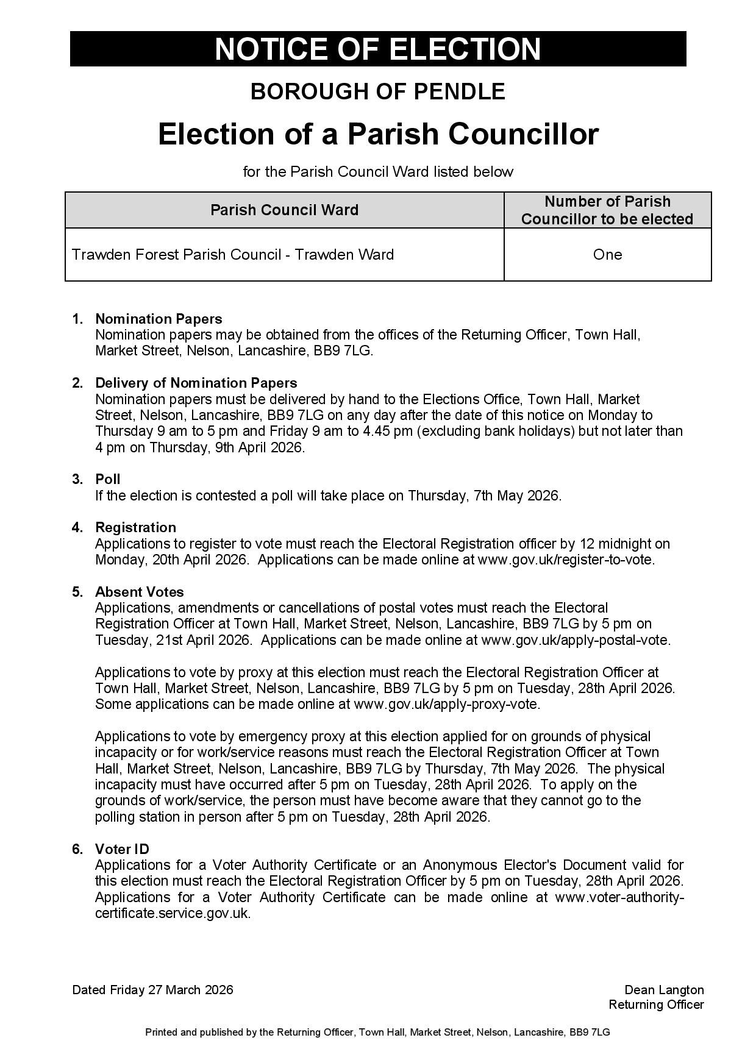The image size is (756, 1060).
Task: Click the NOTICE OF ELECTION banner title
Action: click(x=377, y=49)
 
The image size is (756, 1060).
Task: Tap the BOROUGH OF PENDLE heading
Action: click(x=377, y=91)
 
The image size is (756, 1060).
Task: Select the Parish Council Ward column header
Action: click(x=284, y=210)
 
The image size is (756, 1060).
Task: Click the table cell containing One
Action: click(x=607, y=255)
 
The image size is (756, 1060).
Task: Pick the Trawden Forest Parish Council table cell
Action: click(x=233, y=255)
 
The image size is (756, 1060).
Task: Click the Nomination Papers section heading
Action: click(x=159, y=319)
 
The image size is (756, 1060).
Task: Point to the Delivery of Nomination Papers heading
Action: click(x=196, y=383)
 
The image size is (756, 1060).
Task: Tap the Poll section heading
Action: click(x=107, y=479)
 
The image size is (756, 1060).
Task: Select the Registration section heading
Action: click(x=135, y=527)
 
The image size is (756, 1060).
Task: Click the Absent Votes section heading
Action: click(x=139, y=592)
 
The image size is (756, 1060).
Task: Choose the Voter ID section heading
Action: click(x=122, y=849)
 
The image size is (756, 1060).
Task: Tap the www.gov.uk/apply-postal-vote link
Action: click(x=575, y=640)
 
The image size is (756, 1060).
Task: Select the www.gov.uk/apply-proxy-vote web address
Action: click(x=446, y=704)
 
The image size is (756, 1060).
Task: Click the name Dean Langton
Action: click(x=664, y=990)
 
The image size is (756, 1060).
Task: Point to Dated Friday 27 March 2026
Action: click(x=152, y=990)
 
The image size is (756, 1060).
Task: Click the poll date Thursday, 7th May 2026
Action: click(x=483, y=496)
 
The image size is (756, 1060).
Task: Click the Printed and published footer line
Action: click(x=377, y=1033)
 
